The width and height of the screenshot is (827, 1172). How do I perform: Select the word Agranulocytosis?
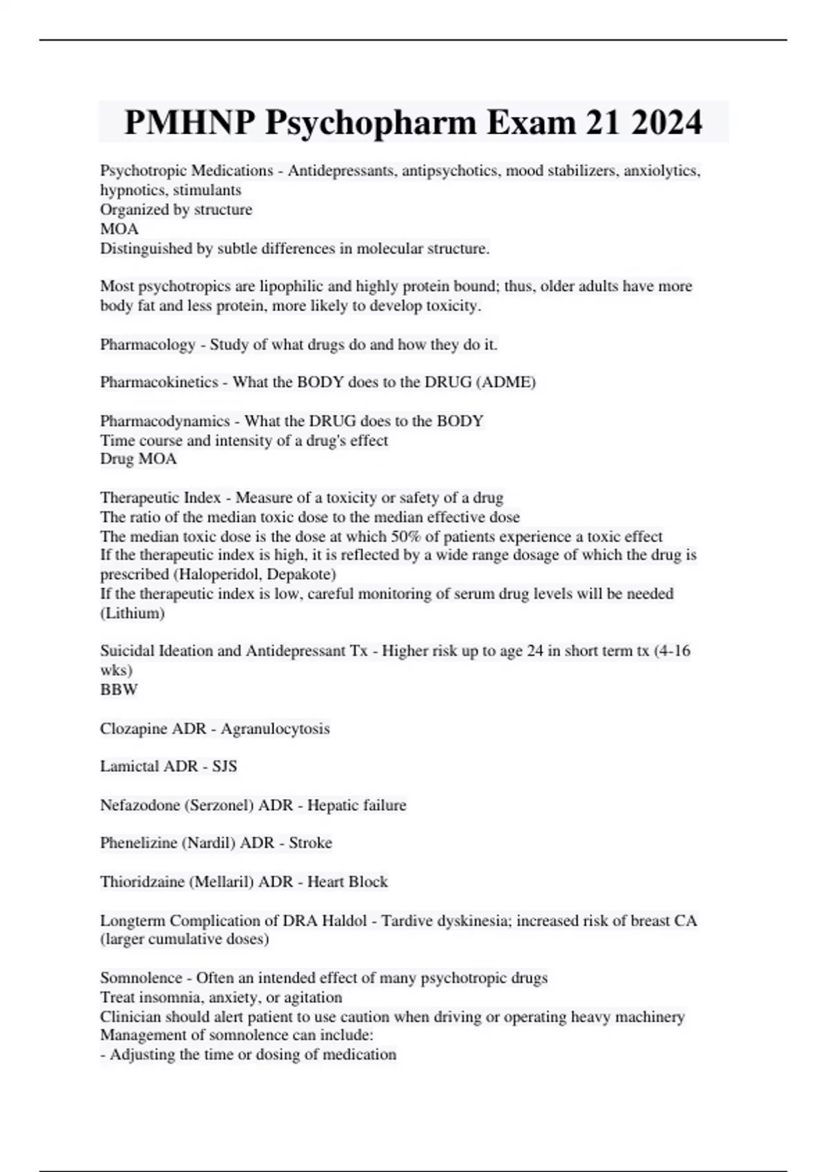pos(275,729)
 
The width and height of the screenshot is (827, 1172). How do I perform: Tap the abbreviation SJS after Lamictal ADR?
pos(225,767)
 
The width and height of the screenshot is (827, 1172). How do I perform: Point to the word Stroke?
pos(310,843)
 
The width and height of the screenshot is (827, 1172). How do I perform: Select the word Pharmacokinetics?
pos(159,382)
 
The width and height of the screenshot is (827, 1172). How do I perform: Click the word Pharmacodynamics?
pos(165,421)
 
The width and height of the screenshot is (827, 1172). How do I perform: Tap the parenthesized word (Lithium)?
pos(132,613)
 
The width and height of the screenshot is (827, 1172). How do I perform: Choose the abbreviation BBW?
pos(119,689)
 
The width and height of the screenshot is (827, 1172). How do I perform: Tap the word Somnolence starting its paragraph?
pos(141,978)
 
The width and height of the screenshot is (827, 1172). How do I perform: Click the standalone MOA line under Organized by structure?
pos(119,229)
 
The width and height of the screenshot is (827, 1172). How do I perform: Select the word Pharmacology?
pos(147,344)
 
